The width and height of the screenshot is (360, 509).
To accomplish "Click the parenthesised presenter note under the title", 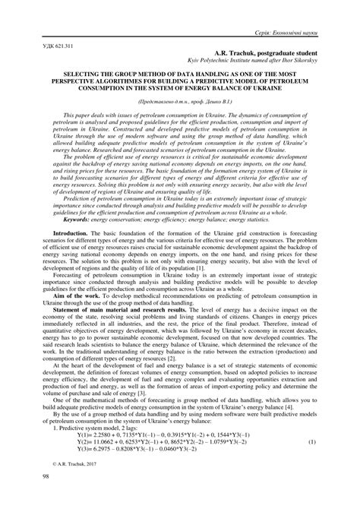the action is [x=179, y=100].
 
